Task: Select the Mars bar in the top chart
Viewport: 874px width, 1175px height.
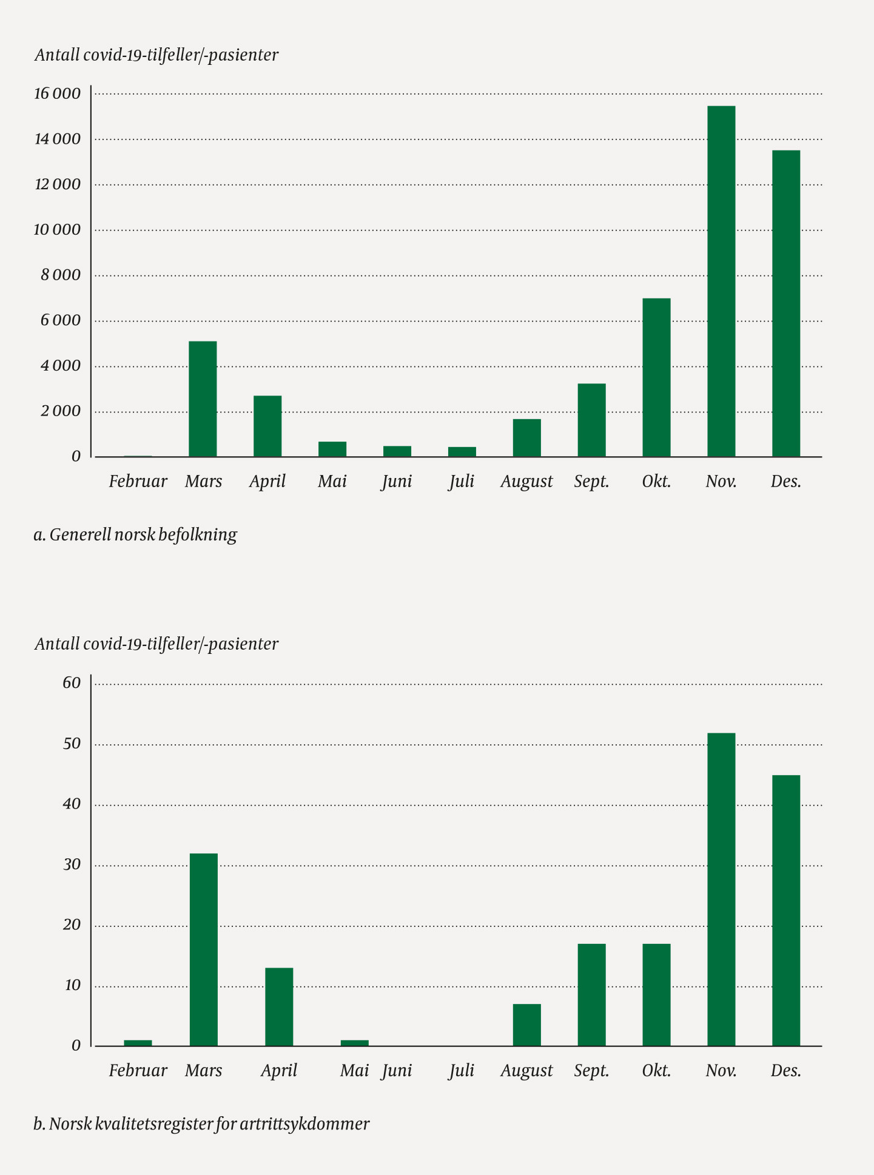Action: point(203,399)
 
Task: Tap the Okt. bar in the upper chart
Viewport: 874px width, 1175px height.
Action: point(656,377)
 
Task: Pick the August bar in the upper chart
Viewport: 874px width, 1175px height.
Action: point(526,437)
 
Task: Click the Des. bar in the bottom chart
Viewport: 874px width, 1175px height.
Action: point(786,910)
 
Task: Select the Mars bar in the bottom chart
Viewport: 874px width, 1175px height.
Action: point(203,949)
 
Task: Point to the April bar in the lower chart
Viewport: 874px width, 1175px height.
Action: point(279,1006)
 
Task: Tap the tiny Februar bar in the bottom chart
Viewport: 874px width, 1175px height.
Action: point(138,1043)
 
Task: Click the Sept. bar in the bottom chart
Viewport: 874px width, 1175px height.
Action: point(591,994)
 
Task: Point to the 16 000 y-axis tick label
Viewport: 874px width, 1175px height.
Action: point(57,93)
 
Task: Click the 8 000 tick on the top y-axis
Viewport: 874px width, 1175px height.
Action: point(61,275)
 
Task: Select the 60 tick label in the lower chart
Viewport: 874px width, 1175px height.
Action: point(72,682)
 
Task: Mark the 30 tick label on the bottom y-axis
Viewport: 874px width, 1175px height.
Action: point(72,864)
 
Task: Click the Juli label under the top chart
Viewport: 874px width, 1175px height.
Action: point(462,482)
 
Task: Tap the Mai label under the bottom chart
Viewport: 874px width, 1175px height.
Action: point(354,1071)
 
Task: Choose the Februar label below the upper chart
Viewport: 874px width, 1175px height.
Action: point(138,482)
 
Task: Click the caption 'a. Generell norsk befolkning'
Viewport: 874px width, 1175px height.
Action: point(135,534)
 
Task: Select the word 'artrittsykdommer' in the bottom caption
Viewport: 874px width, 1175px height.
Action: point(304,1123)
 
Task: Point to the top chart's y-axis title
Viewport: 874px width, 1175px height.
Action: point(156,55)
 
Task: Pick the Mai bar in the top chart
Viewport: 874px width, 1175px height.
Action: point(332,449)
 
